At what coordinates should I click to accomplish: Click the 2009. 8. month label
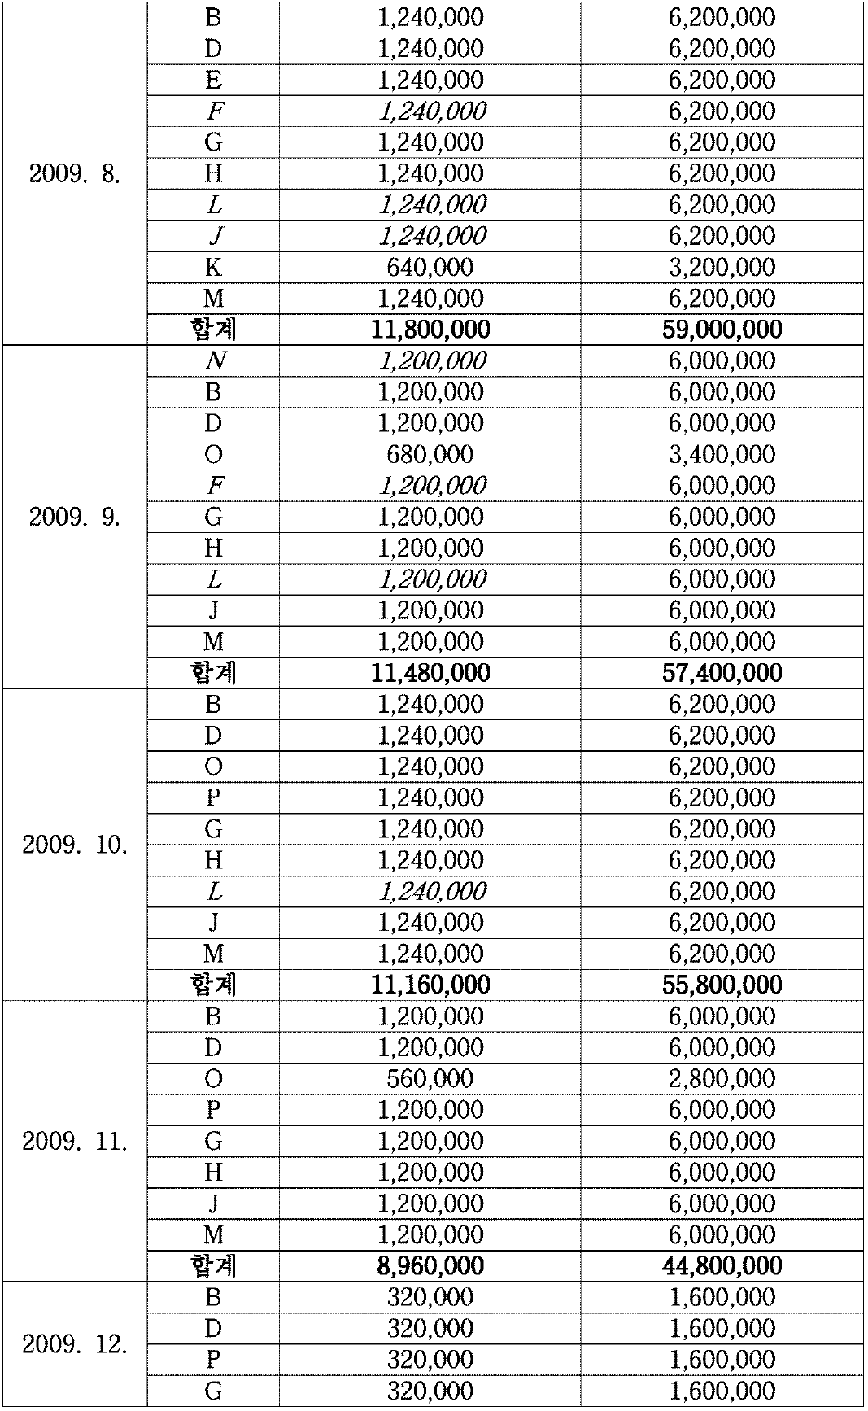tap(75, 174)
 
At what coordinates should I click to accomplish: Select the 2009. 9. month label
tap(75, 518)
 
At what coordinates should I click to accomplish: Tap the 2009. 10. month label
tap(75, 845)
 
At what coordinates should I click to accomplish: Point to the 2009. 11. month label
tap(75, 1142)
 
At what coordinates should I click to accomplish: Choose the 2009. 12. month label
tap(75, 1344)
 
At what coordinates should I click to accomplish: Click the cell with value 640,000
tap(430, 268)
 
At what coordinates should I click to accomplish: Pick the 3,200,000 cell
tap(722, 268)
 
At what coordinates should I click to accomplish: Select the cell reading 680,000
tap(430, 455)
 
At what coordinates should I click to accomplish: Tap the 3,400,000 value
tap(722, 455)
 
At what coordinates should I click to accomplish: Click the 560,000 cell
tap(430, 1079)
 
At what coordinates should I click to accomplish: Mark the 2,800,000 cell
tap(722, 1079)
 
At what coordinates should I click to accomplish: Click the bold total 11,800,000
tap(430, 330)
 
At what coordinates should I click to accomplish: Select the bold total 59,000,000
tap(722, 330)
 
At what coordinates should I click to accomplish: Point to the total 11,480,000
tap(430, 673)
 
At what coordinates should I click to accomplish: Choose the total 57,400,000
tap(722, 673)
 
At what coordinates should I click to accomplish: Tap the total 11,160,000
tap(430, 985)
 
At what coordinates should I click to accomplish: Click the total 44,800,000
tap(722, 1266)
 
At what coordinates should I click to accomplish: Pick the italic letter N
tap(214, 361)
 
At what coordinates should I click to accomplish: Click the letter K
tap(214, 268)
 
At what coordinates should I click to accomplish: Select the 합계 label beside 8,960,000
tap(214, 1266)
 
